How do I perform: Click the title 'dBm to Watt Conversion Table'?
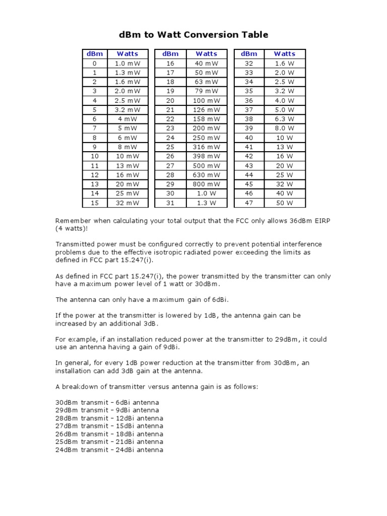(193, 35)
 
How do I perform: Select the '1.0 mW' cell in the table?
(127, 63)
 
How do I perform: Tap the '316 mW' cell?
(206, 147)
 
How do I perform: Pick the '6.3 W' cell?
(284, 119)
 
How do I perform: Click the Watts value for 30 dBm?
(206, 193)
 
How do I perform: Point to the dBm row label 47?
(249, 203)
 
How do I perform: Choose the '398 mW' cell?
(206, 156)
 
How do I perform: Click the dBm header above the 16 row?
(170, 53)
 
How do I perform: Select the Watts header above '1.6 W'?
(284, 53)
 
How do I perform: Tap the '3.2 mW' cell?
(127, 109)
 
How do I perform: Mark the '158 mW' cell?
(206, 119)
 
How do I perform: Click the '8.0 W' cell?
(284, 128)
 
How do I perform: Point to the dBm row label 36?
(249, 100)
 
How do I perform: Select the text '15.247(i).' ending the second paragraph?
(135, 260)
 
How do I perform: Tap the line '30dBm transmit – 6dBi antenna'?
(107, 402)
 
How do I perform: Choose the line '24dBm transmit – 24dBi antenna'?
(109, 449)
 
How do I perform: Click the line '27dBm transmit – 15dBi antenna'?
(109, 426)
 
